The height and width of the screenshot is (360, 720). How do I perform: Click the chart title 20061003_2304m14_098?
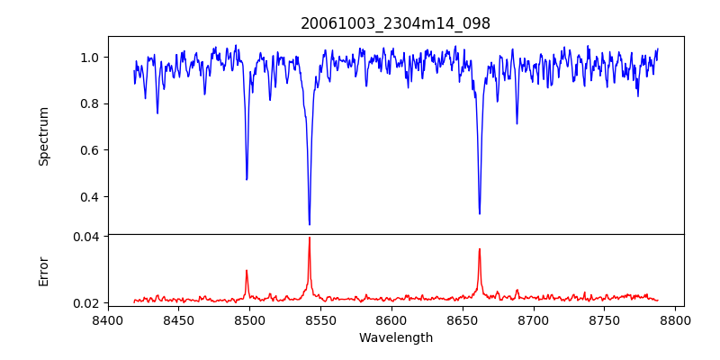(395, 23)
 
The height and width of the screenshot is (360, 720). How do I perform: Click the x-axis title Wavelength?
(395, 338)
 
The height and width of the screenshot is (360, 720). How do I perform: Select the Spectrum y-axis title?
(43, 136)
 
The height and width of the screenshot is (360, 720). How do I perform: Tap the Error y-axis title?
(43, 271)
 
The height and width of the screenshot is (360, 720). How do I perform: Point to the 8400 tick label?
(108, 319)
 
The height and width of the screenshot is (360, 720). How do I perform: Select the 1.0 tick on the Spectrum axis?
(90, 58)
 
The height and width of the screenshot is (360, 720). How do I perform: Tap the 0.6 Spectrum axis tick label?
(90, 150)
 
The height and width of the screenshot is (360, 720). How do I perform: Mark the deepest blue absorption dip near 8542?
(310, 224)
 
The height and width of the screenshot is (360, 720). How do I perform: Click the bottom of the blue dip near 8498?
(247, 179)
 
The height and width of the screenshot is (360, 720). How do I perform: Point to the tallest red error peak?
(310, 238)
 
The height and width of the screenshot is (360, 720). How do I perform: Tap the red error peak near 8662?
(480, 249)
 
